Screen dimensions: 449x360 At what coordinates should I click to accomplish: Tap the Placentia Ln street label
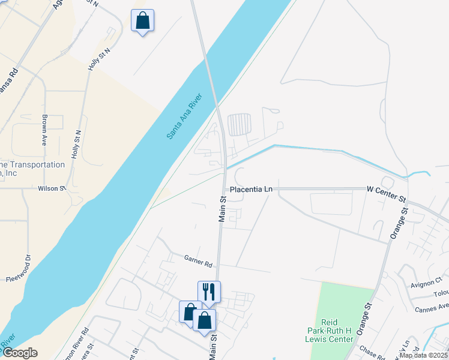click(x=251, y=189)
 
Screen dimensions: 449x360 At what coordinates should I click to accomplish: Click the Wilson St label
click(x=52, y=188)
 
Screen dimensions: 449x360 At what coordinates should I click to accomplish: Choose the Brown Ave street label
click(x=44, y=131)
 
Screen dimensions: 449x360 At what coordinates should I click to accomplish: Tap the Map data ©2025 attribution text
click(x=423, y=355)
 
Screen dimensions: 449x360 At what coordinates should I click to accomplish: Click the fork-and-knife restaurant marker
click(x=209, y=292)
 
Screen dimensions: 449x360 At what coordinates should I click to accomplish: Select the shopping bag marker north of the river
click(x=143, y=20)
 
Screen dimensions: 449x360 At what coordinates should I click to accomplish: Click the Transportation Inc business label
click(x=32, y=169)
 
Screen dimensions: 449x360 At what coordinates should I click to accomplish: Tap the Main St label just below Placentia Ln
click(x=221, y=209)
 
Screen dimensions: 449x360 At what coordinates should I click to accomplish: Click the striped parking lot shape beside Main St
click(x=240, y=125)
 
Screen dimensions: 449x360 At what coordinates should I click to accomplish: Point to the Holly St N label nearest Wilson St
click(x=76, y=145)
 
